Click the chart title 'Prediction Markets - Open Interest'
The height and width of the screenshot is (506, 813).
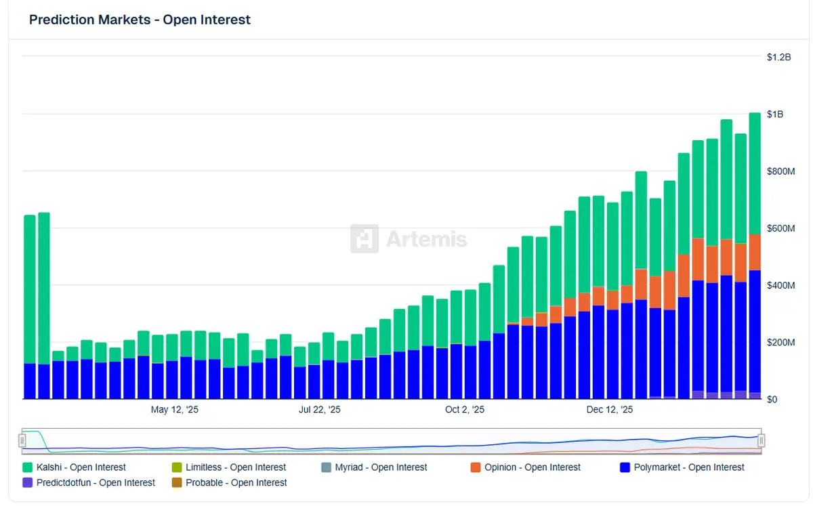pyautogui.click(x=140, y=20)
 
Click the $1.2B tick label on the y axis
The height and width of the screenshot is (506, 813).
pyautogui.click(x=778, y=58)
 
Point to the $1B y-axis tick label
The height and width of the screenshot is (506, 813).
pyautogui.click(x=774, y=114)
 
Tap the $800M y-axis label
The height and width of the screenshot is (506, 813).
pyautogui.click(x=780, y=171)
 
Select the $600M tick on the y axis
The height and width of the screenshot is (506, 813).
pyautogui.click(x=780, y=228)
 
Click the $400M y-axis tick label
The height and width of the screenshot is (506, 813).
pyautogui.click(x=780, y=285)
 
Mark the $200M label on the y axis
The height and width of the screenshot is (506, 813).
pyautogui.click(x=780, y=342)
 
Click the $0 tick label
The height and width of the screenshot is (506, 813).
pyautogui.click(x=772, y=399)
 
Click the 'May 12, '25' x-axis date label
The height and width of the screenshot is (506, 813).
pyautogui.click(x=175, y=410)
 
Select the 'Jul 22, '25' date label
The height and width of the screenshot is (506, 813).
pyautogui.click(x=320, y=410)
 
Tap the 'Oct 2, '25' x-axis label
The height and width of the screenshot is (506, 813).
pyautogui.click(x=465, y=410)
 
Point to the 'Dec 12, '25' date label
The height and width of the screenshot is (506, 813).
pyautogui.click(x=610, y=410)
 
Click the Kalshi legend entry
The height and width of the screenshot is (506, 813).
pyautogui.click(x=75, y=467)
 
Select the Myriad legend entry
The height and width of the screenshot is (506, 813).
pyautogui.click(x=374, y=467)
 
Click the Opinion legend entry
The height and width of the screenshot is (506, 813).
pyautogui.click(x=526, y=467)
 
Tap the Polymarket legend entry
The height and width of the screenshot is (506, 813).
pyautogui.click(x=682, y=467)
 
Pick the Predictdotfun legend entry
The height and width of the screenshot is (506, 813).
pyautogui.click(x=89, y=483)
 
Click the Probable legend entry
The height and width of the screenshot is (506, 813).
pyautogui.click(x=229, y=483)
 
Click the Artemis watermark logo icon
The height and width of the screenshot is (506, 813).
pyautogui.click(x=364, y=239)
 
